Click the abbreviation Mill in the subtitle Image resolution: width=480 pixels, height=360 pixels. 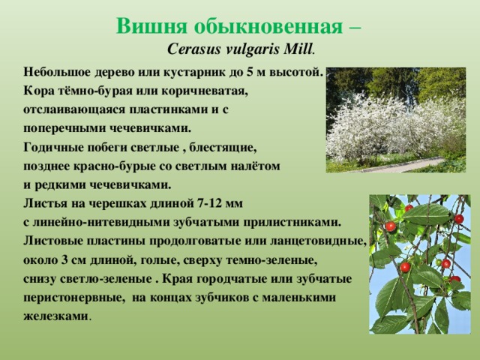tap(298, 49)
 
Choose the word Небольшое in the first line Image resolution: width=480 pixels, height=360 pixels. tap(57, 73)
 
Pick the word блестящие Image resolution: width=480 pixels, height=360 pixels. tap(221, 148)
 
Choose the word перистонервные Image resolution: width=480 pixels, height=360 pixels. tap(73, 298)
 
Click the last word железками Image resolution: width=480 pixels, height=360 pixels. tap(55, 316)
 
